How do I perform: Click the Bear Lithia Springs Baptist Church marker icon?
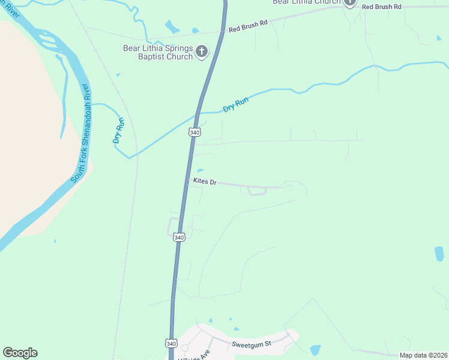coord(202,52)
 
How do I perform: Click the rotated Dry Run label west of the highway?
coord(119,131)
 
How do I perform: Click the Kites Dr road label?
coord(204,181)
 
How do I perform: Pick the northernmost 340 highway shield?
coord(194,132)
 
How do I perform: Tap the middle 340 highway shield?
coord(179,237)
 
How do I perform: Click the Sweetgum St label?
coord(252,344)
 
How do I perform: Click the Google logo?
coord(20,353)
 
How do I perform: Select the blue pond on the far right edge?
coord(439,254)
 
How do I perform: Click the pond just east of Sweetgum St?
coord(315,350)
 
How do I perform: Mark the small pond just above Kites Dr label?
coord(200,170)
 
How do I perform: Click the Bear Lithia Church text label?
coord(306,2)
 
